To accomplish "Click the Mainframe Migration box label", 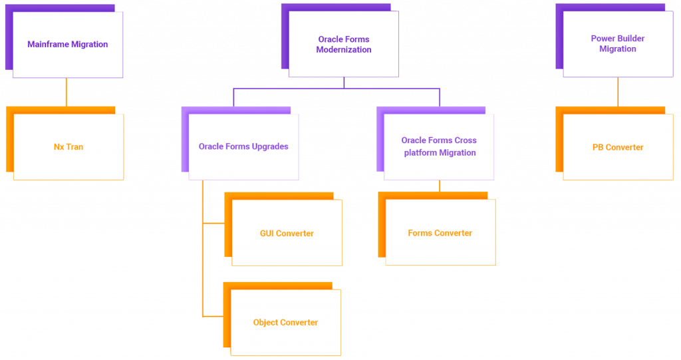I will click(67, 45).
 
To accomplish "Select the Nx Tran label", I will click(68, 146).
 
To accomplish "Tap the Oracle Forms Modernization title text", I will click(344, 45).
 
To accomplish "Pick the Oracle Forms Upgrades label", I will click(243, 146).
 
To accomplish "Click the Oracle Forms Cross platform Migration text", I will click(439, 146).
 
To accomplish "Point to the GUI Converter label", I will click(287, 234).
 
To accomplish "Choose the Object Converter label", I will click(285, 323).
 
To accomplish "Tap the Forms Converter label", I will click(440, 234).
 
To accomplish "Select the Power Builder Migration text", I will click(618, 44).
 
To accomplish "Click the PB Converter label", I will click(618, 147).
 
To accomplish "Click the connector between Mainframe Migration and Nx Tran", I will click(66, 92).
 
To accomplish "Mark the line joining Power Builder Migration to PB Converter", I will click(618, 92).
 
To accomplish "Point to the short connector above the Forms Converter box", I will click(440, 186).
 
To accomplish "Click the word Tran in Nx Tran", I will click(75, 146).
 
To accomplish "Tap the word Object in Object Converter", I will click(266, 323).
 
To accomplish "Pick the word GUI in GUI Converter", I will click(267, 234).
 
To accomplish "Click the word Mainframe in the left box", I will click(49, 45).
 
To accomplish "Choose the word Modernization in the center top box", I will click(344, 50).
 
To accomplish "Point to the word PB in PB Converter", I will click(598, 147).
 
